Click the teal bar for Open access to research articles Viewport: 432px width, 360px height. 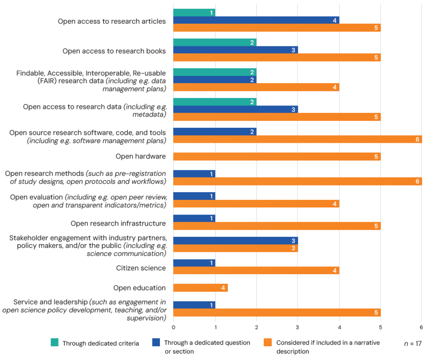click(194, 13)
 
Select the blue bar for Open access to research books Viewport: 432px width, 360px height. click(235, 50)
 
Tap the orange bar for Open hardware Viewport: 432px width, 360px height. click(277, 156)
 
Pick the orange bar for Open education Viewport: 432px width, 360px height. click(200, 288)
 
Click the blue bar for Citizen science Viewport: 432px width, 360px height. click(194, 263)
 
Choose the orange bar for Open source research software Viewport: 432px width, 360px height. click(297, 139)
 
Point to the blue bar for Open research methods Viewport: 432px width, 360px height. click(194, 174)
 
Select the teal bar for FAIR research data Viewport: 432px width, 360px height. click(215, 72)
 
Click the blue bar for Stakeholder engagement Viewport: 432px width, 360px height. click(235, 240)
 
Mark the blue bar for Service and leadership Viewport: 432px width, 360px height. click(194, 305)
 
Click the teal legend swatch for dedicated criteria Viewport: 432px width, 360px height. click(54, 343)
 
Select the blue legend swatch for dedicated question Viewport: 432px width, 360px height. click(156, 343)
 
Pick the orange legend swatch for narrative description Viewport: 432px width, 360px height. click(267, 343)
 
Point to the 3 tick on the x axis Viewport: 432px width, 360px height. click(297, 327)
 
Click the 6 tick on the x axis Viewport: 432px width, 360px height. click(421, 327)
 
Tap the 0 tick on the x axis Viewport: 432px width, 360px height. click(173, 327)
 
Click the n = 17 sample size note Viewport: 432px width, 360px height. click(413, 343)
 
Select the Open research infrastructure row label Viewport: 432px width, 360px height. click(118, 223)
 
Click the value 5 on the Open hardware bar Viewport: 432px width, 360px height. click(376, 157)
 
